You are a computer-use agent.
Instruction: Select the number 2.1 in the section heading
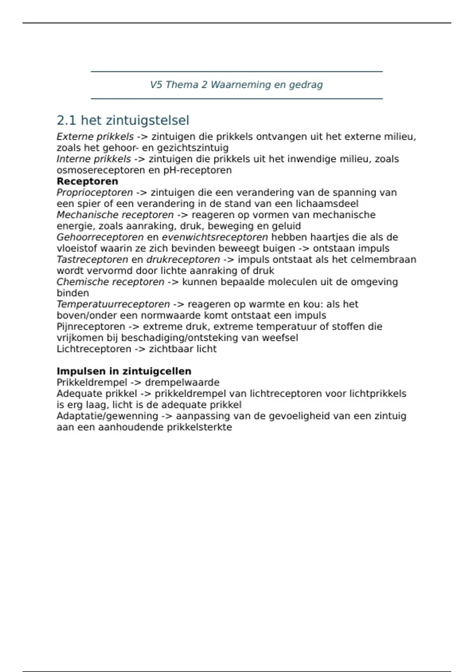(x=66, y=120)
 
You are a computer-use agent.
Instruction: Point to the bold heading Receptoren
(x=87, y=181)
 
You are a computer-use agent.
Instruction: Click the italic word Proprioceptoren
(x=95, y=193)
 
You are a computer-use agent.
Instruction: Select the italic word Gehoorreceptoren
(x=100, y=237)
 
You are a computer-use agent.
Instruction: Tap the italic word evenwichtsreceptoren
(x=215, y=237)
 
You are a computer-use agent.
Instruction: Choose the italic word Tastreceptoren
(x=92, y=260)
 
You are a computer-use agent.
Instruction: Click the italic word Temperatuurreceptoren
(x=113, y=304)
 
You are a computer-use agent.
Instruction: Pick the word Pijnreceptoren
(x=91, y=327)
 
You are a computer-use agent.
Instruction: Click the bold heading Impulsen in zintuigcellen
(x=124, y=371)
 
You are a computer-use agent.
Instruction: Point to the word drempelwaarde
(x=182, y=382)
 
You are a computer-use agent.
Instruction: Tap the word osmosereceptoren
(x=101, y=170)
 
